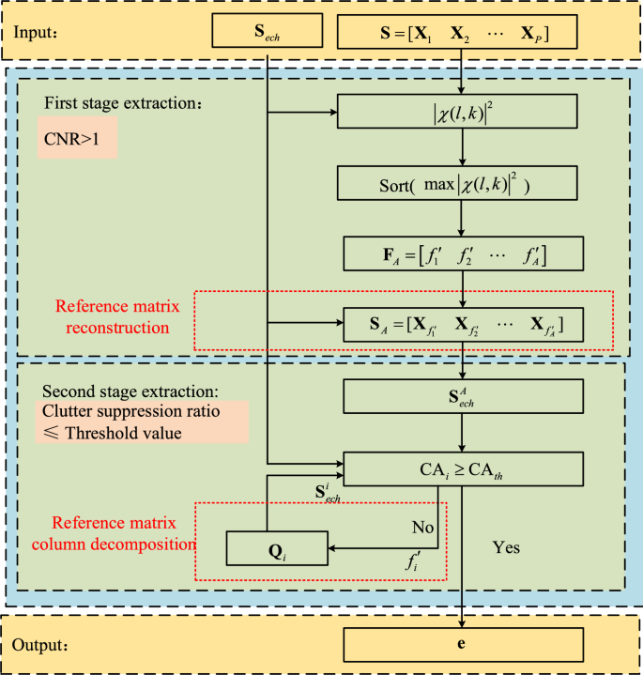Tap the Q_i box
pos(277,547)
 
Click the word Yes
pos(507,546)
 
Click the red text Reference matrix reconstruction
pos(113,317)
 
